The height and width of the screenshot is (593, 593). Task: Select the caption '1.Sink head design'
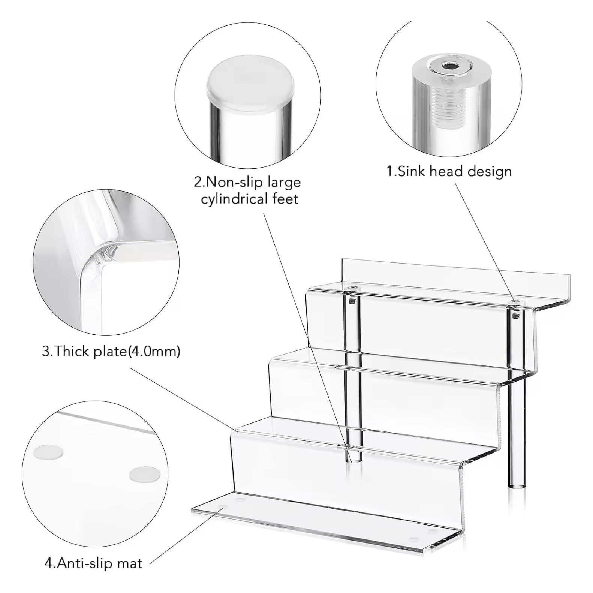(x=449, y=171)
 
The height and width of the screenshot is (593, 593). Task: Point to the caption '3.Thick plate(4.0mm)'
(x=111, y=351)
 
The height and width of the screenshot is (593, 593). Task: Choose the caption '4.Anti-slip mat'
(x=93, y=563)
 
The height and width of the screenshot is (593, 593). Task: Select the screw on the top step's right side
(x=517, y=302)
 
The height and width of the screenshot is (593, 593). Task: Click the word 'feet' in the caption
(x=284, y=198)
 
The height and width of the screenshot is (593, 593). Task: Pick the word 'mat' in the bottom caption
(x=131, y=563)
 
